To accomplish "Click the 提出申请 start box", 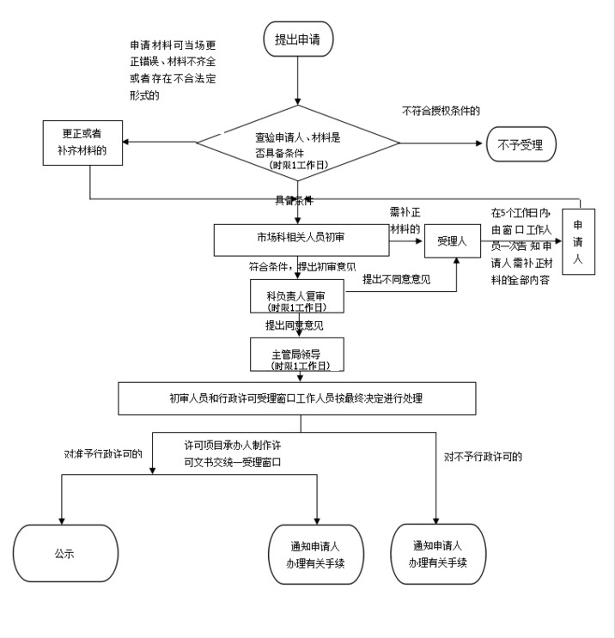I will pos(297,39).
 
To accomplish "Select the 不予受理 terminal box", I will pos(521,143).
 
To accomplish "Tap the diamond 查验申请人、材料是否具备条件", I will pos(298,143).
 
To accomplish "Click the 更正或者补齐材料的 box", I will pos(83,142).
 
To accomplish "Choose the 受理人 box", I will pos(452,241).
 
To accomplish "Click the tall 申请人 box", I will pos(577,241).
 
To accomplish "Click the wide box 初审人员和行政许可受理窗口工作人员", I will pos(296,398).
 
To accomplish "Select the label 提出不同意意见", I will pos(396,278).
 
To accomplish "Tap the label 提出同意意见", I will pos(294,325).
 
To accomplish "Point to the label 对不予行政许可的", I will pos(484,456).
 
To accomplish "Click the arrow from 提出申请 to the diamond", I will pos(297,81).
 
